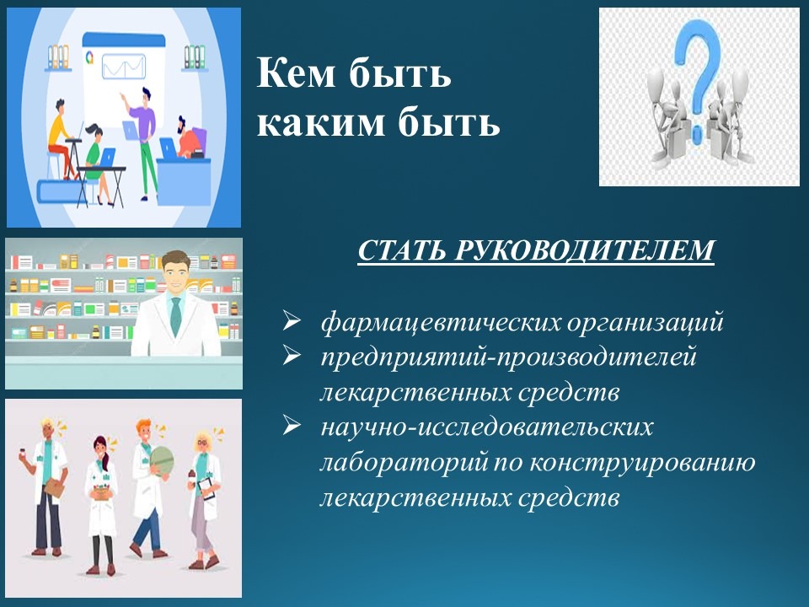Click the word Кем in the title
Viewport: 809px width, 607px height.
296,73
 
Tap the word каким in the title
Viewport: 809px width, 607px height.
320,123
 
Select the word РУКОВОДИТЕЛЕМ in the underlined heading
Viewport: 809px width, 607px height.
584,250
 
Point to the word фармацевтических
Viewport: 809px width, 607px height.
441,322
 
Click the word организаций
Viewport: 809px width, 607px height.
645,323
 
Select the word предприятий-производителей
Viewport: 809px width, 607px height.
509,357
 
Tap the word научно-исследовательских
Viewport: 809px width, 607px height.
487,427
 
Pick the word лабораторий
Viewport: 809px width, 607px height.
404,462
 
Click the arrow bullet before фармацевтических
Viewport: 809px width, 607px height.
292,321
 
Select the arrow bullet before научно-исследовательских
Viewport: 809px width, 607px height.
292,427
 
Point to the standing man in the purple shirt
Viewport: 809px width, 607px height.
143,142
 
